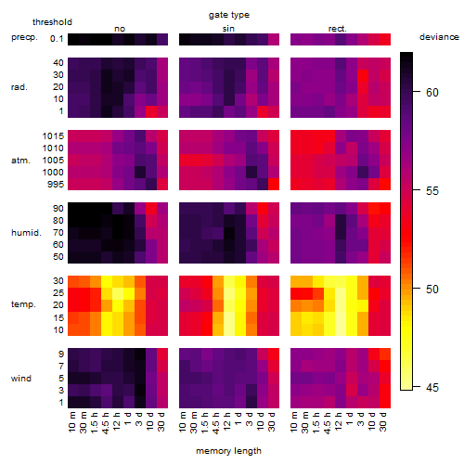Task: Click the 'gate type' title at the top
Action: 229,15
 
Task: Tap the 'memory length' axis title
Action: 228,451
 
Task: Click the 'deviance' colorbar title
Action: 439,37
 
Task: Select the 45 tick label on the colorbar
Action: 432,387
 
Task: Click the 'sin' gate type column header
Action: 228,29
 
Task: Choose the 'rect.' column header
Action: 337,29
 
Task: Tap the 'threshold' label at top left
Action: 52,22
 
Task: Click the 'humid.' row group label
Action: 26,232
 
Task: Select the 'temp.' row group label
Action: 23,304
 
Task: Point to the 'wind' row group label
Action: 21,379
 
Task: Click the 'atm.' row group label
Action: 20,161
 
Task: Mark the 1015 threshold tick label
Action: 53,135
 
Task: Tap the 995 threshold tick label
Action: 56,184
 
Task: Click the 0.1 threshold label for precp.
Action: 57,39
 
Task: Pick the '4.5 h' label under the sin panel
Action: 216,423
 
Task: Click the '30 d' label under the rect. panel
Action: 383,421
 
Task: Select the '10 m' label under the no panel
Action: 71,422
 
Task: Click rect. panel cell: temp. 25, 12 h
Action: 341,293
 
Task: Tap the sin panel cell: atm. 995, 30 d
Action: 274,185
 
